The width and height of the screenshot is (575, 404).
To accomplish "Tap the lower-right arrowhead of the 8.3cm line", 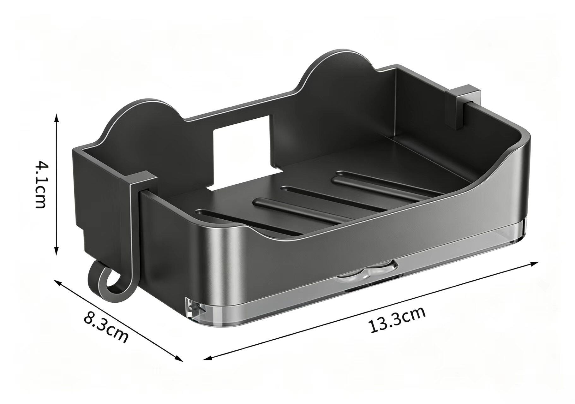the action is point(179,358).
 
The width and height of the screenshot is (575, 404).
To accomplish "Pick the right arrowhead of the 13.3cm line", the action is point(534,263).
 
